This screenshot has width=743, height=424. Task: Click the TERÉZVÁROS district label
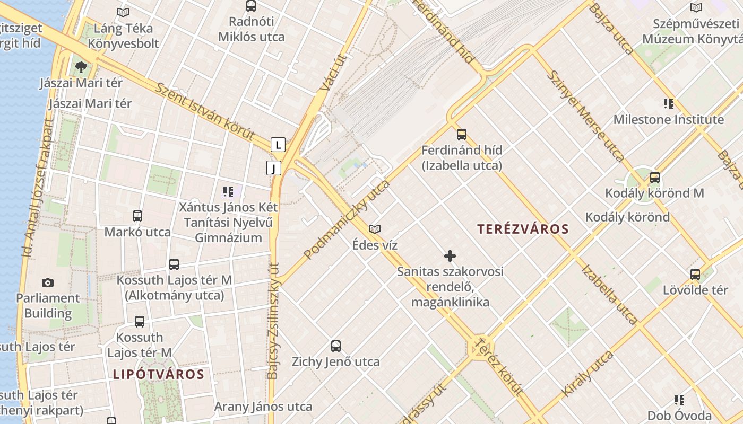tap(523, 229)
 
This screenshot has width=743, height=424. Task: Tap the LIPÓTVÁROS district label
tap(158, 374)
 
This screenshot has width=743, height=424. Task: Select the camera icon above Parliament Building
tap(48, 282)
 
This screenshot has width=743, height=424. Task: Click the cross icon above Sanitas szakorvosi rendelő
tap(450, 256)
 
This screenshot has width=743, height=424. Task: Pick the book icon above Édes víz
tap(375, 229)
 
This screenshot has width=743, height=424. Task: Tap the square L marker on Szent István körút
tap(278, 144)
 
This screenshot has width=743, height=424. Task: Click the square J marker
tap(273, 169)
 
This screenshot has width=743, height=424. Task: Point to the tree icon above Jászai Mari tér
tap(81, 67)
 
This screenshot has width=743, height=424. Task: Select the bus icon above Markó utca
tap(137, 216)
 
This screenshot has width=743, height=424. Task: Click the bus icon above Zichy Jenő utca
tap(336, 346)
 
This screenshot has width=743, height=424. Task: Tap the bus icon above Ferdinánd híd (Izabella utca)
tap(462, 134)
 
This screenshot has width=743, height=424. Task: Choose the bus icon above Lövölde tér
tap(695, 275)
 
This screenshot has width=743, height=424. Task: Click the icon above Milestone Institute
tap(669, 103)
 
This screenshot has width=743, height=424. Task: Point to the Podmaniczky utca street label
tap(347, 219)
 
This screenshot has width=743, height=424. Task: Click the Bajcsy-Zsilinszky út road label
tap(273, 321)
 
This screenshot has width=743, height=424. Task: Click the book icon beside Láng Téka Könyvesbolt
tap(123, 12)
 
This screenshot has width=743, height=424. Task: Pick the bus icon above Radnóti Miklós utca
tap(251, 6)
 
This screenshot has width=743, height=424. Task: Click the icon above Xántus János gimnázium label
tap(228, 191)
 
